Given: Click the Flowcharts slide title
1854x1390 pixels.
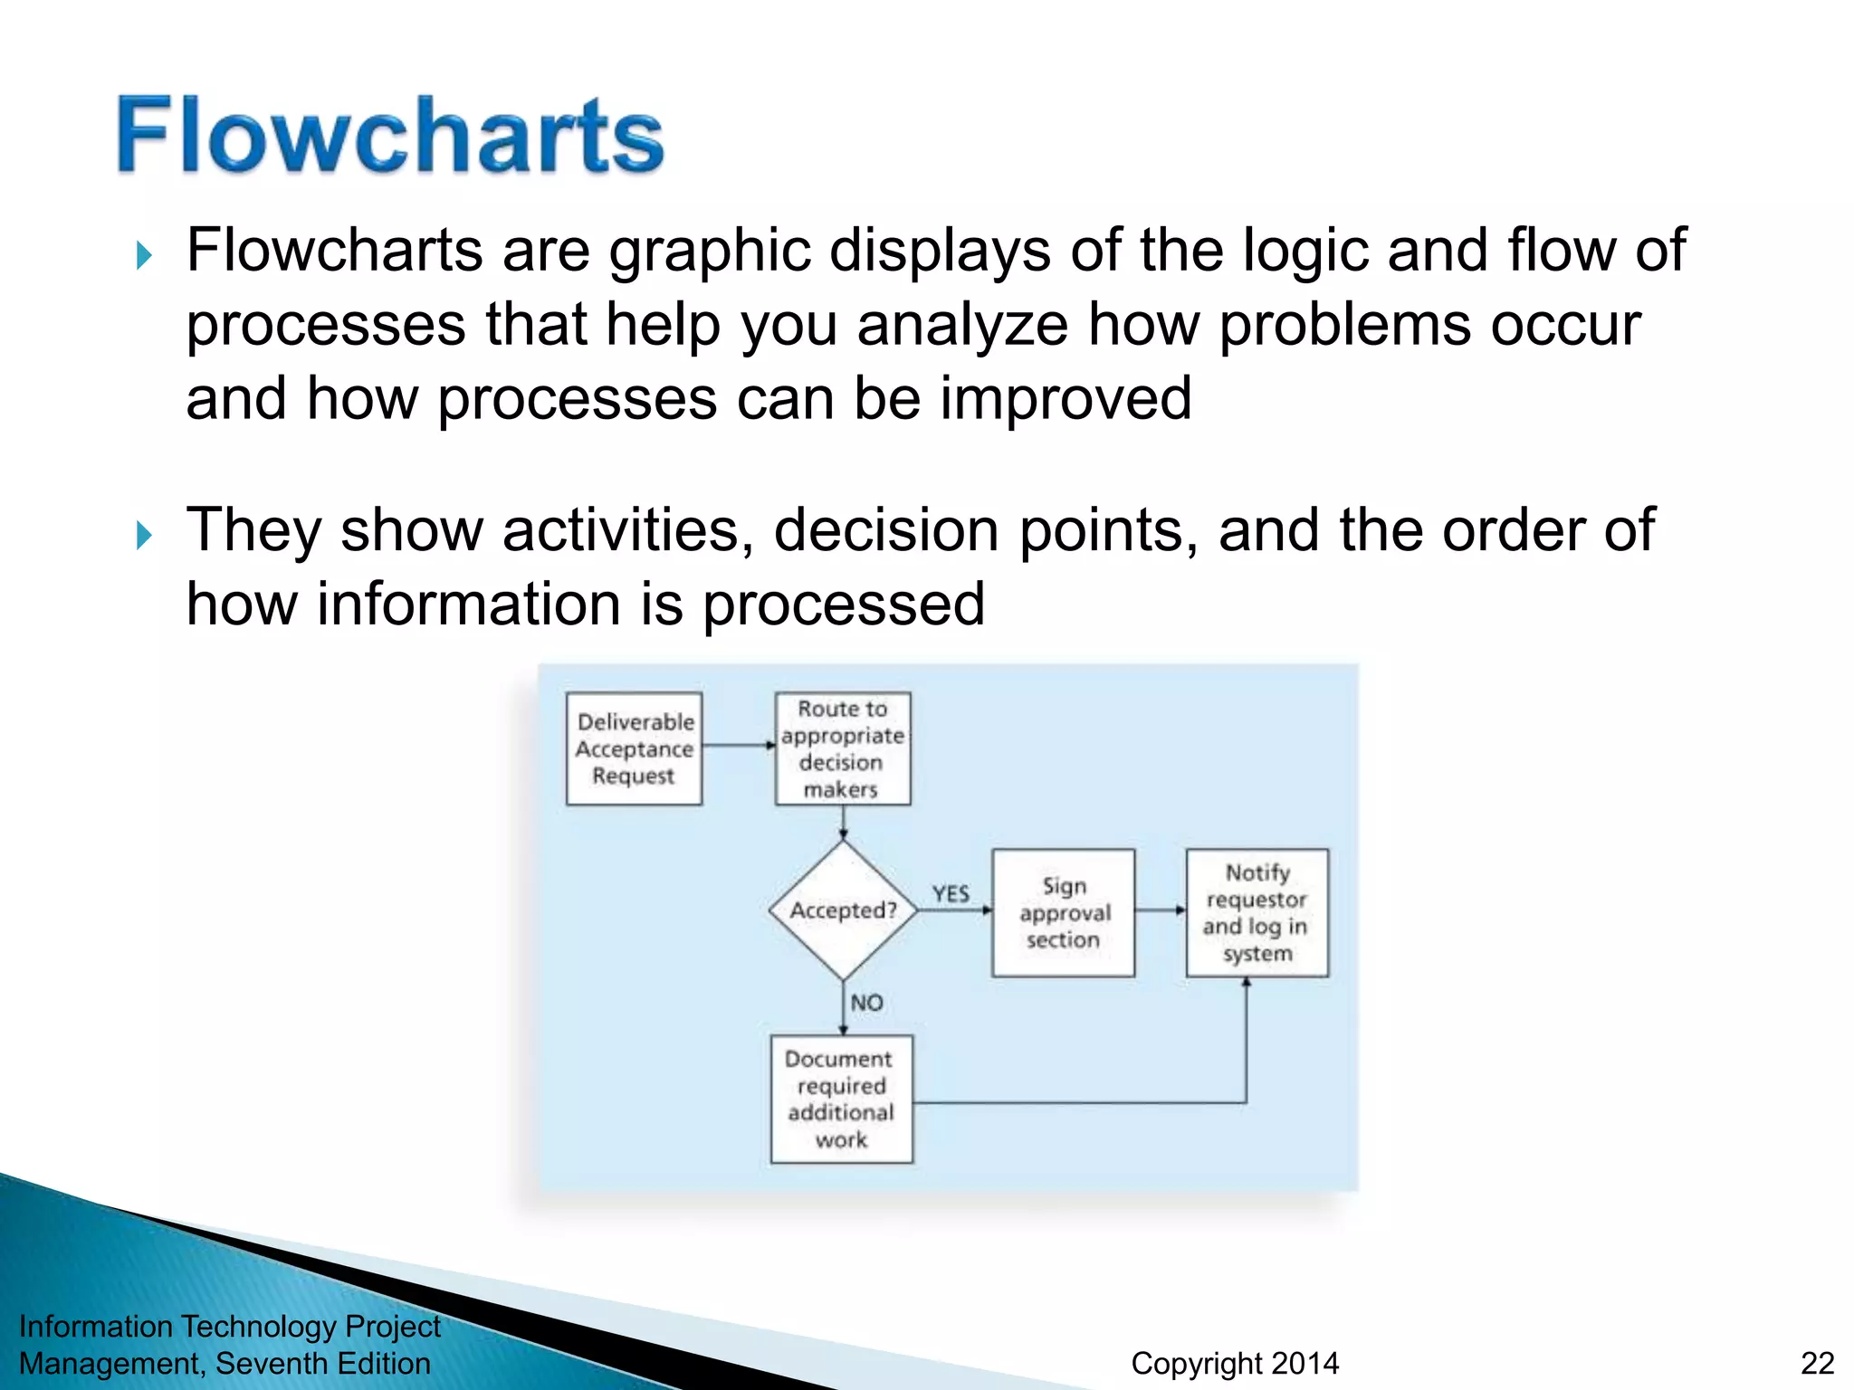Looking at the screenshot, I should [390, 136].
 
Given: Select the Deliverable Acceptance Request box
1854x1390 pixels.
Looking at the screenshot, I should [634, 748].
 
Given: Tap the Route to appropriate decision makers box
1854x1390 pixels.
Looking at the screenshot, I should [843, 748].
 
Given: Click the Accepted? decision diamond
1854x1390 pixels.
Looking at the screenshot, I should [843, 910].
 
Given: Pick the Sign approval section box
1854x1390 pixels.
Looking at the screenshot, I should [1063, 912].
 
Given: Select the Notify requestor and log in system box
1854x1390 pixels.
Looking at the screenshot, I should [1257, 912].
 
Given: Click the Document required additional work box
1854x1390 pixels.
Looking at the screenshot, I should [841, 1099].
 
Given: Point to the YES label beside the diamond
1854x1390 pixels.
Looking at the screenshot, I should [951, 894].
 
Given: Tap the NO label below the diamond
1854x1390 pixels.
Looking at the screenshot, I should [866, 1003].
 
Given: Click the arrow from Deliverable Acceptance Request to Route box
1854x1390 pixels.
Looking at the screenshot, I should [739, 746].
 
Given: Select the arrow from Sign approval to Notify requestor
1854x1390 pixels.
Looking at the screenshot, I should [1160, 910].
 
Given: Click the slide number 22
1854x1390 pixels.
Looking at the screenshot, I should [1817, 1363].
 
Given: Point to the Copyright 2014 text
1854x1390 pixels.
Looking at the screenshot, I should [1235, 1363].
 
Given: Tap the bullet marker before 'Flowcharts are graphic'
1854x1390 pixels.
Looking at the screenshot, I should [144, 255].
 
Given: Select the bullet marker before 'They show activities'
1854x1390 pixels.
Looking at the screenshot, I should [144, 535].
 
